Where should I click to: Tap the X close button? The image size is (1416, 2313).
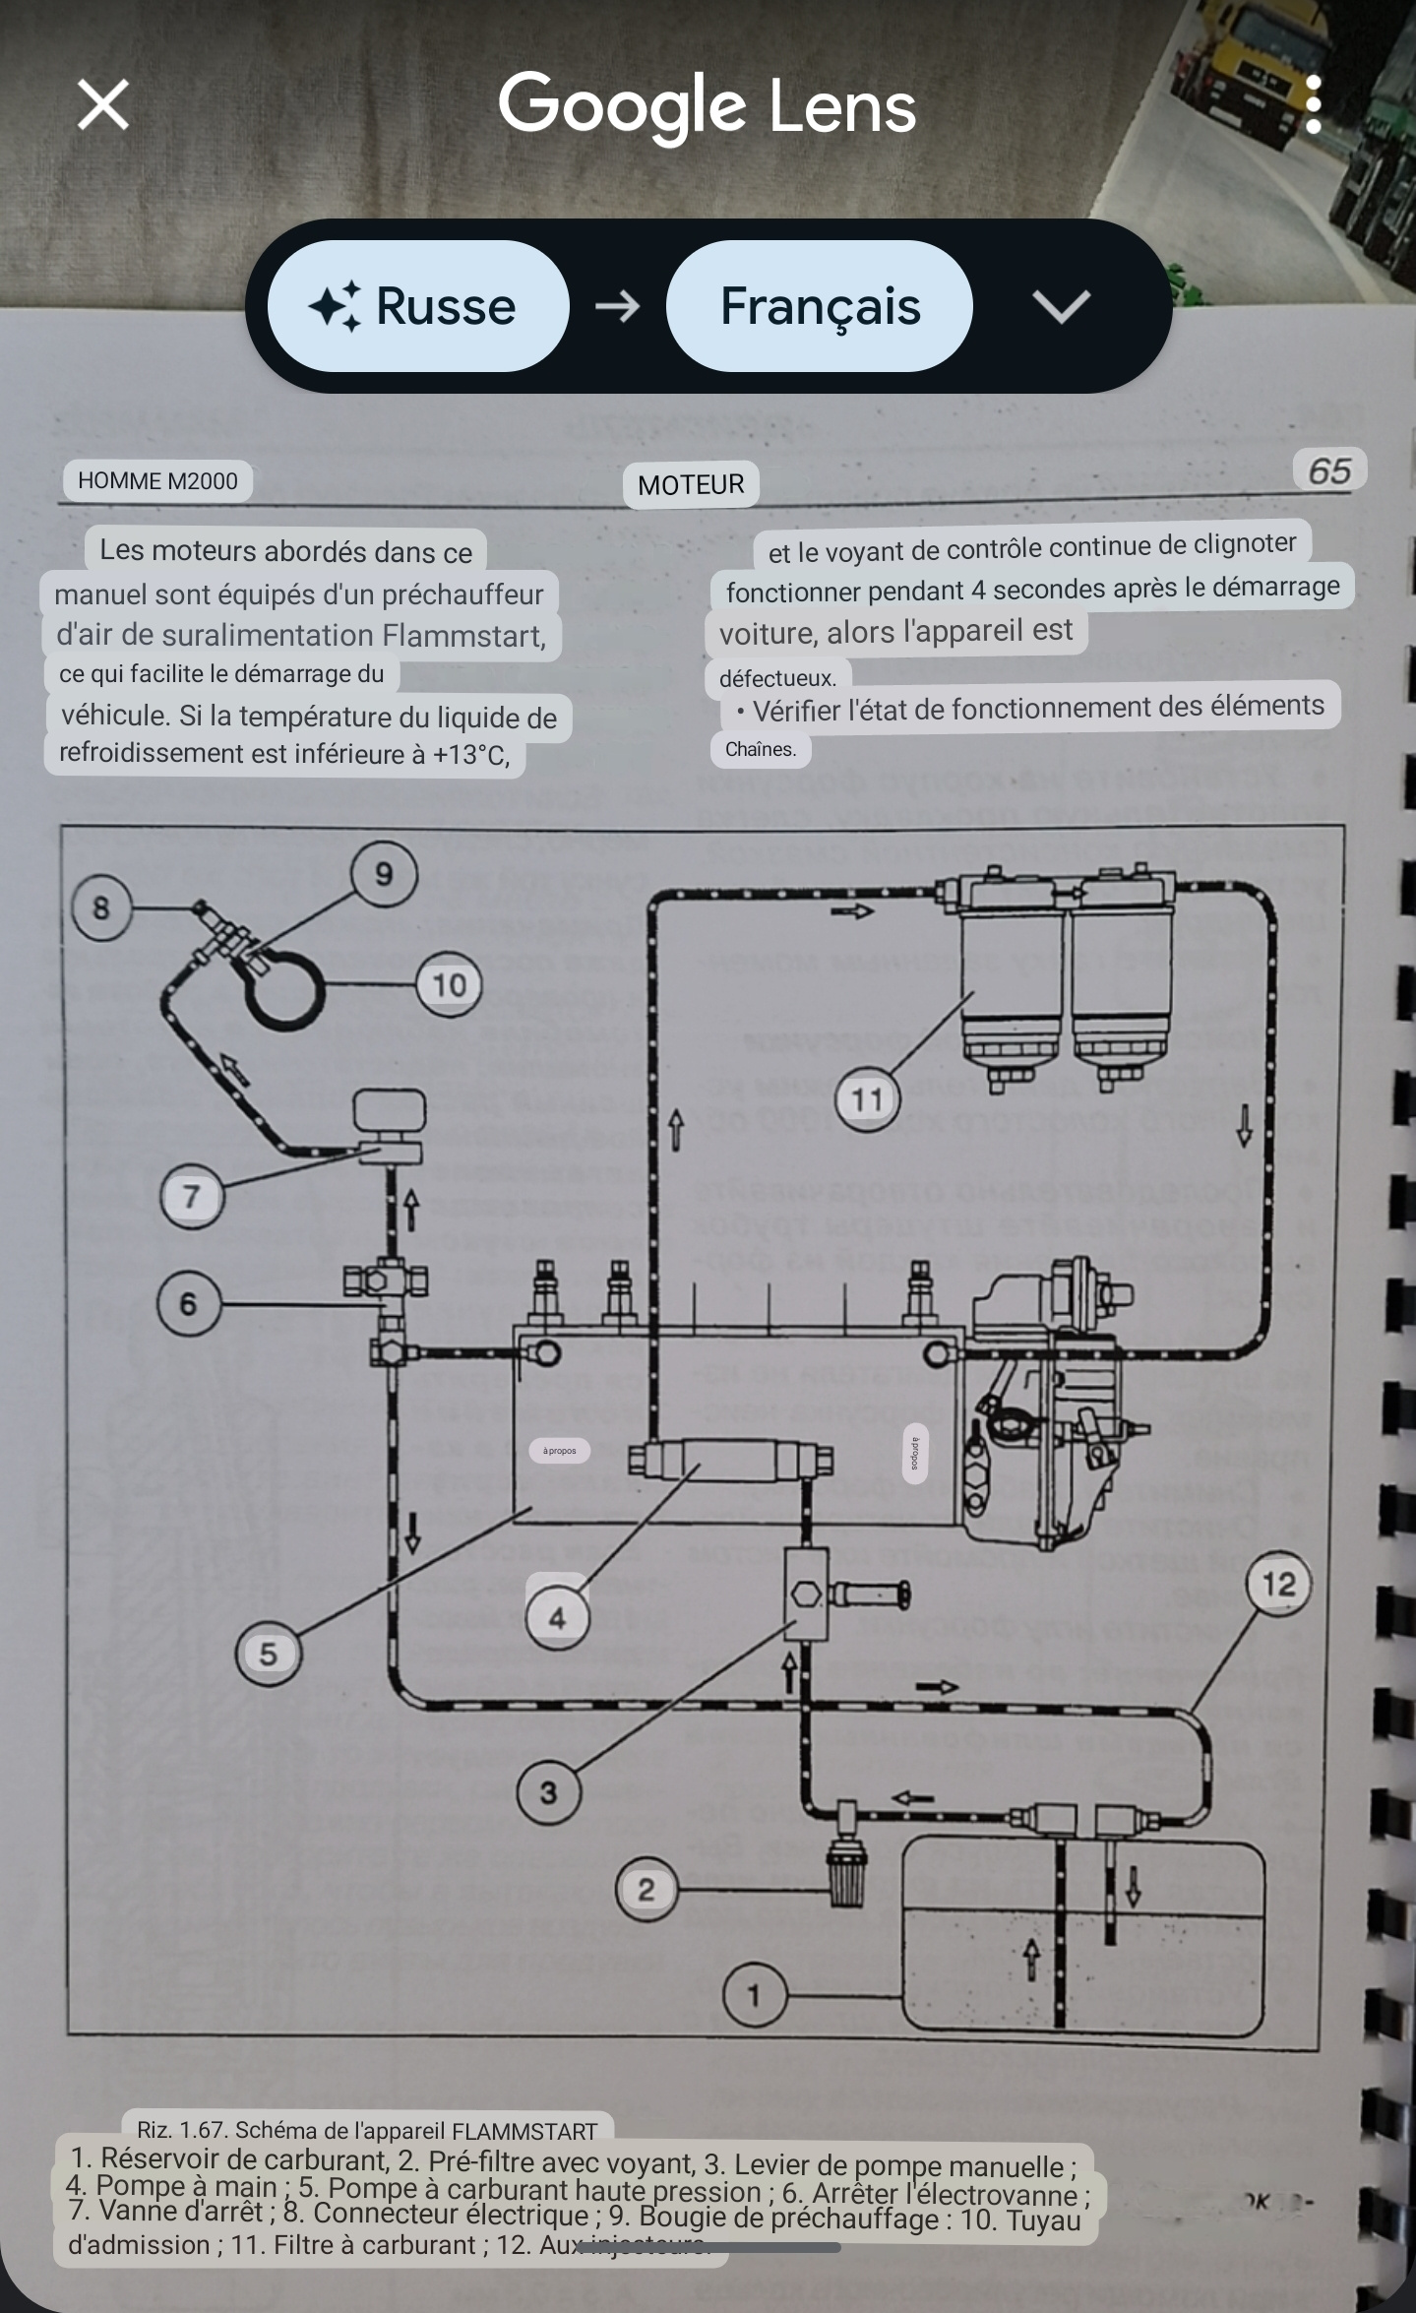coord(103,105)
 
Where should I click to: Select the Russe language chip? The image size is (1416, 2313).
coord(418,306)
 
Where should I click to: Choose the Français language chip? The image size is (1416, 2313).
coord(820,306)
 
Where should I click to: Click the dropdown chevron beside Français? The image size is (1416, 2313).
coord(1061,306)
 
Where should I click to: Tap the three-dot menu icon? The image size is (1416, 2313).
coord(1313,105)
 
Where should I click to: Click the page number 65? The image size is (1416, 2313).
coord(1329,471)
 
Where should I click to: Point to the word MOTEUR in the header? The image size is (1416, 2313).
coord(691,484)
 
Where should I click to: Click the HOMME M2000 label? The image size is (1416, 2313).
coord(157,481)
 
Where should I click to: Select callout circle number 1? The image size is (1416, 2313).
coord(755,1996)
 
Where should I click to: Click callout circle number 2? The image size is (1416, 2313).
coord(646,1890)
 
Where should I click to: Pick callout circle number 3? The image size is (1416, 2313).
coord(549,1792)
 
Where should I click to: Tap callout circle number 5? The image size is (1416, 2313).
coord(268,1654)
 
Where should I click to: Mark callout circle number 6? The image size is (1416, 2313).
coord(189,1304)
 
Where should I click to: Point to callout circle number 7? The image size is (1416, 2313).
coord(192,1197)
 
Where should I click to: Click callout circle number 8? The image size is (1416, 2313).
coord(101,907)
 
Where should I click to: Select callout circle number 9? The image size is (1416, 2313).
coord(384,874)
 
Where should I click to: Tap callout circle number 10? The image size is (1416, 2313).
coord(449,984)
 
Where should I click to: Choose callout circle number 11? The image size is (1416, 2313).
coord(867,1099)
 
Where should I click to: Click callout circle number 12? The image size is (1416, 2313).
coord(1278,1585)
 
